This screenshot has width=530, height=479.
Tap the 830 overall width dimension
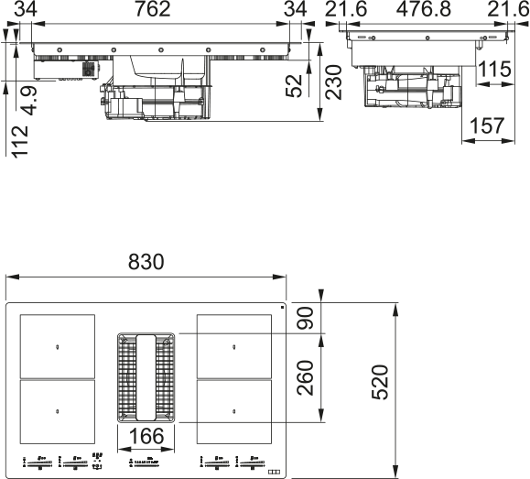[146, 263]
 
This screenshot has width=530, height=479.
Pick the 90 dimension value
[307, 320]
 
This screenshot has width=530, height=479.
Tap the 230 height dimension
[333, 82]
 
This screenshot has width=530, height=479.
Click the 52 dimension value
[295, 85]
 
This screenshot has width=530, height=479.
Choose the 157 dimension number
[486, 126]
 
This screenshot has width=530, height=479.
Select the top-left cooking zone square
[57, 346]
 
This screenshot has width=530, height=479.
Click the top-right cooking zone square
[234, 346]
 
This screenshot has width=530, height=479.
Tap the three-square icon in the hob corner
[271, 471]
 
